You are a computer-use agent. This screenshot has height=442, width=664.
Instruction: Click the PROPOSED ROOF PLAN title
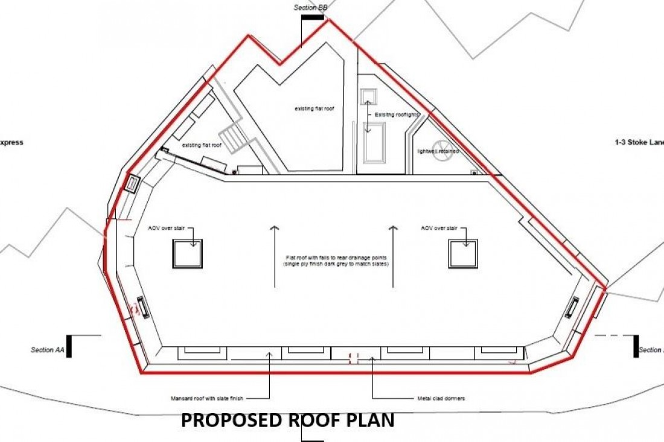coord(287,420)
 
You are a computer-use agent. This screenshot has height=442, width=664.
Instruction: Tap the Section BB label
coord(310,7)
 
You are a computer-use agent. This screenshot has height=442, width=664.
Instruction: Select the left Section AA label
coord(46,350)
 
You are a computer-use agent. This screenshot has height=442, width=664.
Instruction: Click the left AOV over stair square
coord(188,254)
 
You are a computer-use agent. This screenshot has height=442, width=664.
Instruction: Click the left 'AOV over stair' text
coord(166,229)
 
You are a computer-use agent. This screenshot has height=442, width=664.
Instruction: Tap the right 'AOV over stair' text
coord(439,229)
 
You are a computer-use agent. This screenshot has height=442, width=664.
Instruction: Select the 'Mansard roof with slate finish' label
coord(209,398)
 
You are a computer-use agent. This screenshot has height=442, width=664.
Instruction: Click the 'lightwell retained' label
coord(438,151)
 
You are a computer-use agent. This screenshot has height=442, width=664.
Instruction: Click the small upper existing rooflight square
coord(368,97)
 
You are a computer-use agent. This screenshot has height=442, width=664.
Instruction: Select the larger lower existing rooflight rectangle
coord(374,142)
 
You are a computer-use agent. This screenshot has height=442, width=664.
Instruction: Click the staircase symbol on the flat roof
coord(233,139)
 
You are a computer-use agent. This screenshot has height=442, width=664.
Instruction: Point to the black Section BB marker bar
coord(313,17)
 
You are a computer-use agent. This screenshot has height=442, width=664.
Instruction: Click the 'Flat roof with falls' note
coord(336,261)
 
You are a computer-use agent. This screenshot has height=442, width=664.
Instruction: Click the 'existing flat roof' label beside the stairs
coord(202,145)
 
